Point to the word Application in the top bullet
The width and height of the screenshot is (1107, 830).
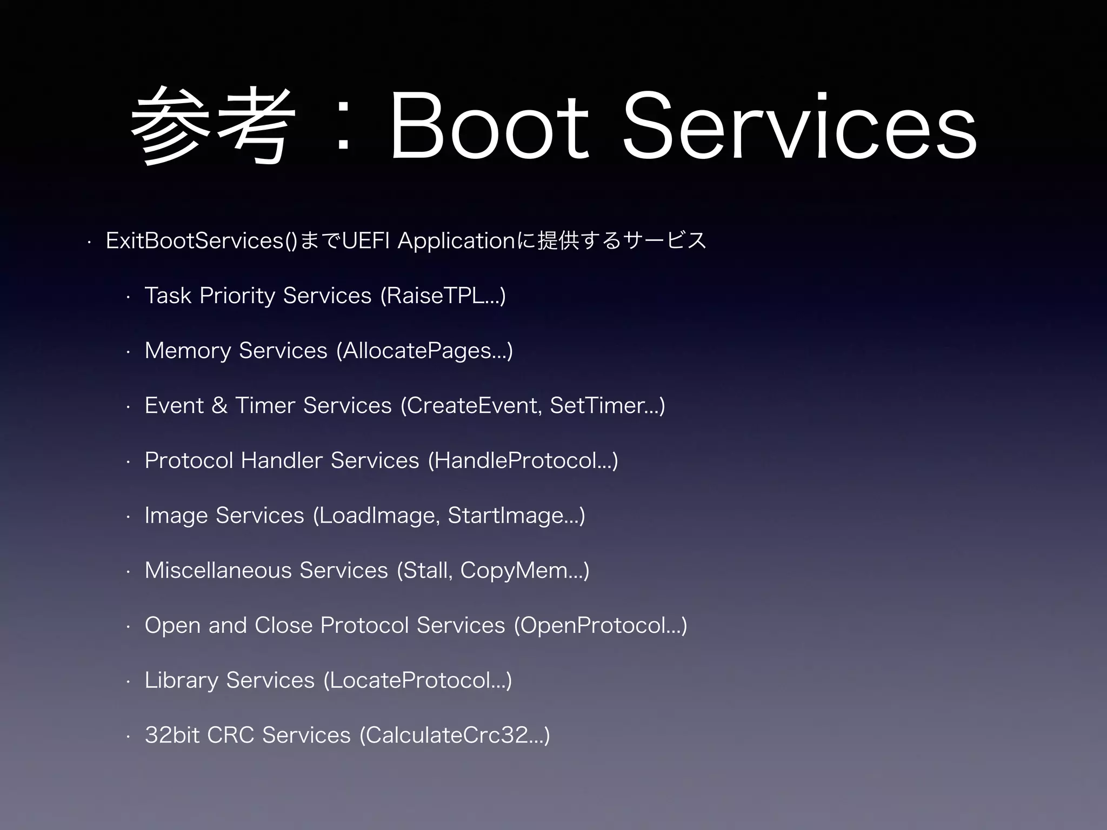457,241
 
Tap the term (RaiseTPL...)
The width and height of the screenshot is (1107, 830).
443,296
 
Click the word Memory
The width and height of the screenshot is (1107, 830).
188,351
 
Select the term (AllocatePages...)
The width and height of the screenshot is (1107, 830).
424,351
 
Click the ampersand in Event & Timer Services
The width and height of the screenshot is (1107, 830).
219,406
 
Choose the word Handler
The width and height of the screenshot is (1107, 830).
282,461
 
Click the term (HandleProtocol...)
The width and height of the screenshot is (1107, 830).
523,461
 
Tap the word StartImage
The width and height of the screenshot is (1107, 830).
506,516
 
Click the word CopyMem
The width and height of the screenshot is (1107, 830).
514,571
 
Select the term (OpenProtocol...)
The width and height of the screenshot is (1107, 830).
601,626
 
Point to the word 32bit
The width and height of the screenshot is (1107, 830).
172,735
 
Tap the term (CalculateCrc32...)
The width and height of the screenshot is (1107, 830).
455,735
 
